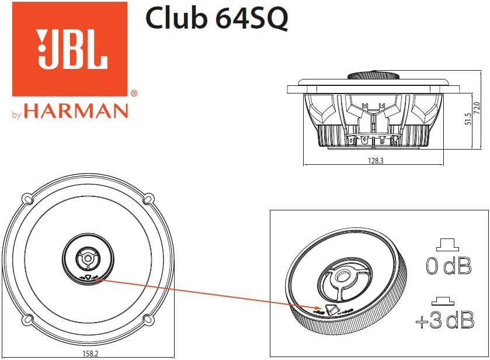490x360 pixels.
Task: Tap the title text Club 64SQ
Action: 216,19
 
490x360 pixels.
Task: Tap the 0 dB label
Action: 448,266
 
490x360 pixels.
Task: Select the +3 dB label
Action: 444,321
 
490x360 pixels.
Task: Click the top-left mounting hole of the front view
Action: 27,199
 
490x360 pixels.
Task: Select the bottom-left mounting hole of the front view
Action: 27,320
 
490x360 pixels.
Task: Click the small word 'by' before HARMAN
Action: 17,115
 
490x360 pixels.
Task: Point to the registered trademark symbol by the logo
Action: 134,93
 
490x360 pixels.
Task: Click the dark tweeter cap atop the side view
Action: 372,75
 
